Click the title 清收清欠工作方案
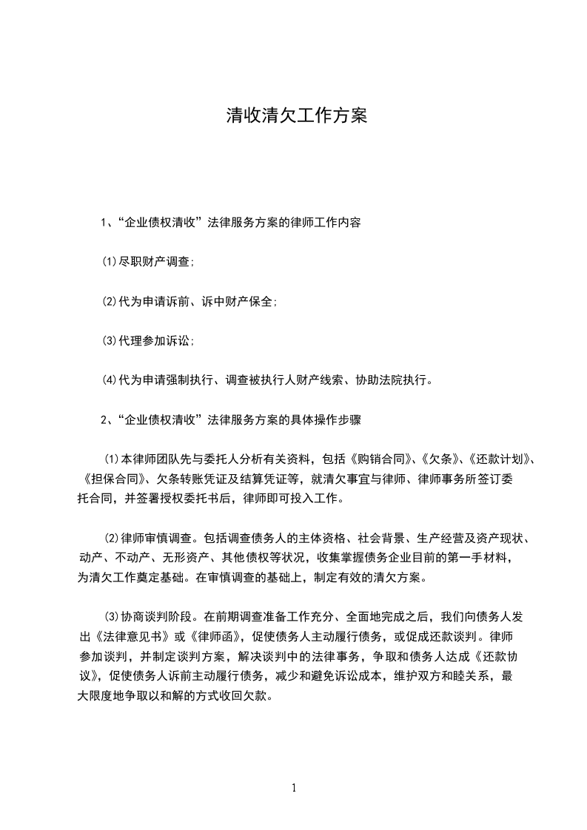(296, 116)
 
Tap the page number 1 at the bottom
(294, 788)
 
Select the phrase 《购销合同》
(378, 459)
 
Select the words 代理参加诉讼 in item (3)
(155, 341)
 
